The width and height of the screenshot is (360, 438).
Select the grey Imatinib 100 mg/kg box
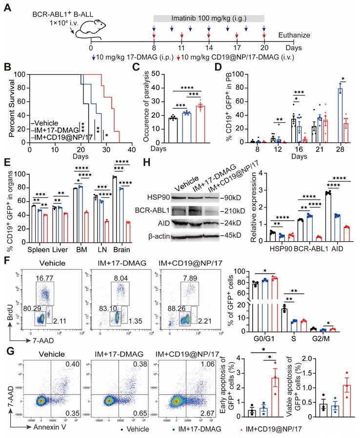click(209, 18)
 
